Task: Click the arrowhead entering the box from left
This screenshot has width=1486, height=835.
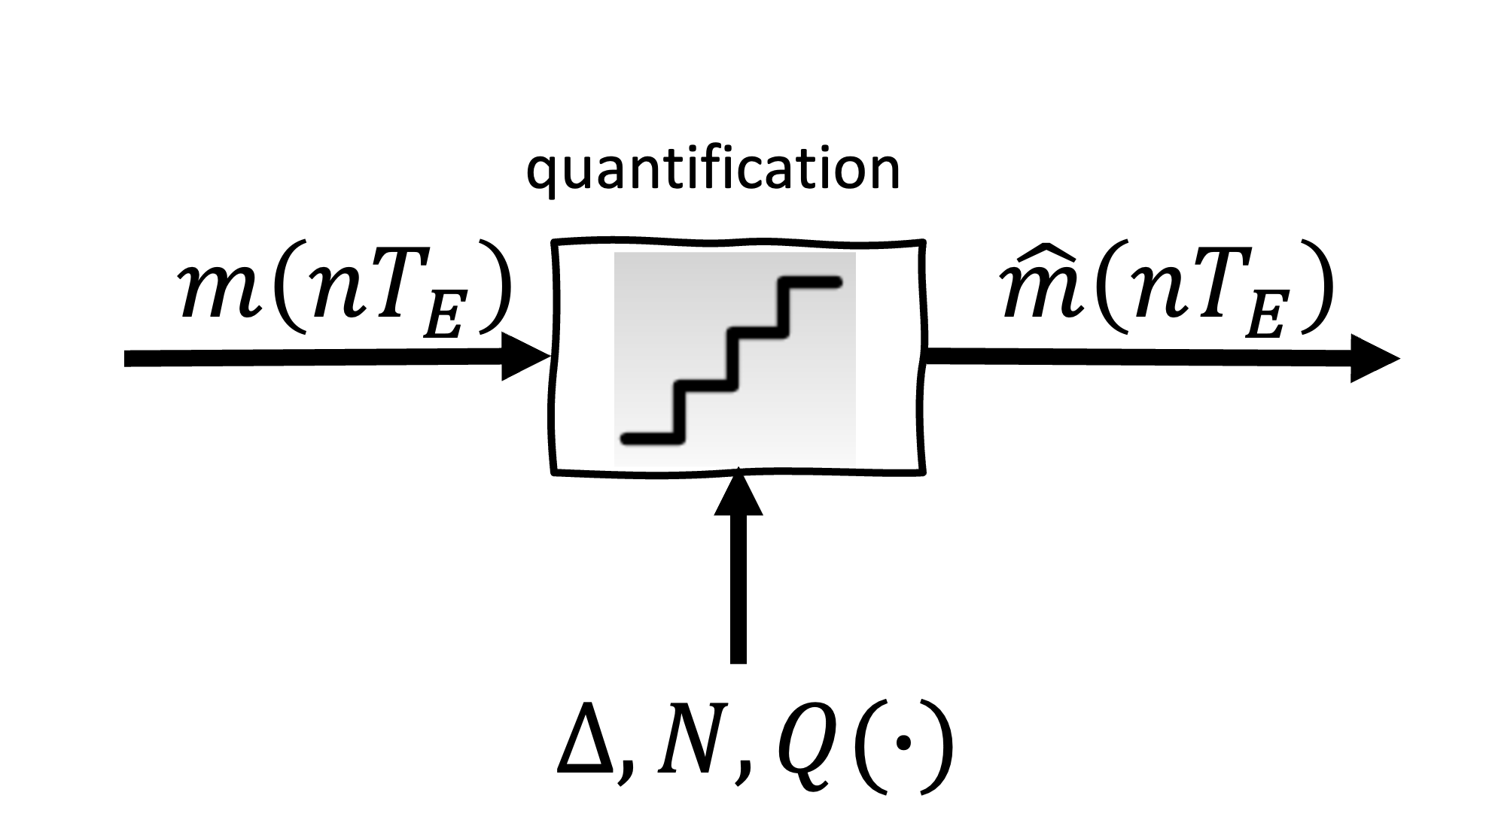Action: click(526, 357)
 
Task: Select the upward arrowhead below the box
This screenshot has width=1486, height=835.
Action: click(738, 493)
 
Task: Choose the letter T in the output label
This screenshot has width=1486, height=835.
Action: click(1213, 290)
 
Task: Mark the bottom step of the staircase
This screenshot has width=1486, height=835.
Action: click(652, 438)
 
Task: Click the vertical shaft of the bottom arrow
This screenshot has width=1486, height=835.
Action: click(738, 591)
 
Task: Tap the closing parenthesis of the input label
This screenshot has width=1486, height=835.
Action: click(495, 290)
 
